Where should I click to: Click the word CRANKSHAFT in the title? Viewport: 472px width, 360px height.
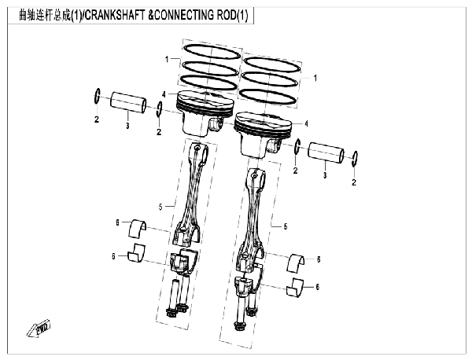pos(113,15)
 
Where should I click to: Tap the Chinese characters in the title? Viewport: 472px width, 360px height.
pos(45,15)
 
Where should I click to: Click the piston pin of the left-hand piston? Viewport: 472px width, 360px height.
pos(127,102)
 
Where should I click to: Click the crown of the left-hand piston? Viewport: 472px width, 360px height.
pos(205,99)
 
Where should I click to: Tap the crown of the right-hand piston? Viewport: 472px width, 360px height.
pos(263,121)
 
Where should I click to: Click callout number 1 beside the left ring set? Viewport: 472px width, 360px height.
pos(167,60)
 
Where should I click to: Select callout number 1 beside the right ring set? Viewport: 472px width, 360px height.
pos(315,78)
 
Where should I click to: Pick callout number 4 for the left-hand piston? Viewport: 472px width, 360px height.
pos(164,94)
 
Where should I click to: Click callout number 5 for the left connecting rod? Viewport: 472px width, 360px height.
pos(160,207)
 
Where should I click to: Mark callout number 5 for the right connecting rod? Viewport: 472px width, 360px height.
pos(286,226)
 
